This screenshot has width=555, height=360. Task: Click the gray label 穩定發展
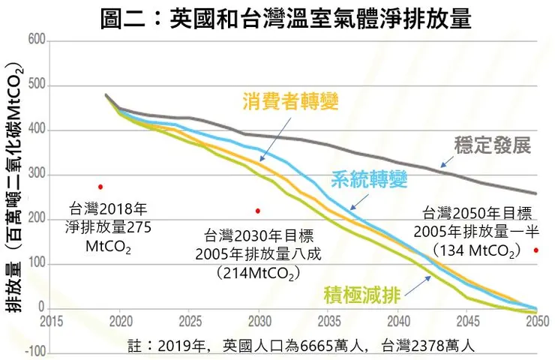(493, 145)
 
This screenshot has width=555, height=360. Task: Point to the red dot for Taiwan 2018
(100, 187)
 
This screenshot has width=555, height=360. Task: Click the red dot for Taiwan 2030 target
(258, 211)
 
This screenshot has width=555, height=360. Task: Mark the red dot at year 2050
(536, 250)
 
